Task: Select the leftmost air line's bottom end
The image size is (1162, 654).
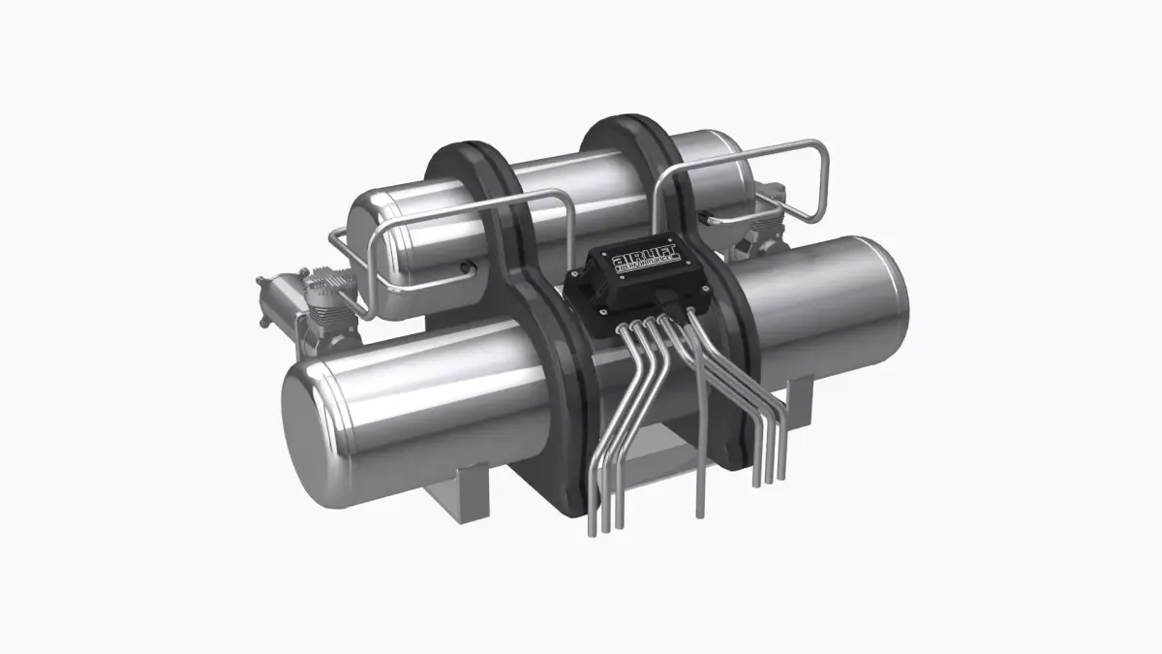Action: pyautogui.click(x=592, y=528)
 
